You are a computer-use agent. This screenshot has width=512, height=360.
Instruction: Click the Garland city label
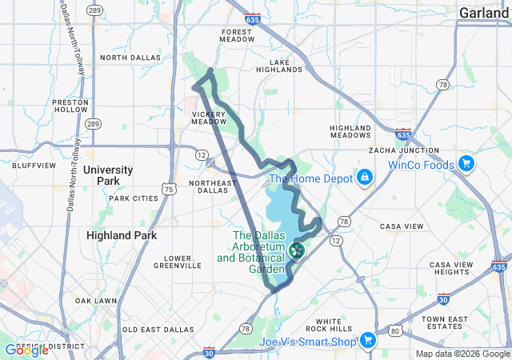[x=484, y=12]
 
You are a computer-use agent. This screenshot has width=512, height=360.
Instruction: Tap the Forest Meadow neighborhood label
[x=237, y=34]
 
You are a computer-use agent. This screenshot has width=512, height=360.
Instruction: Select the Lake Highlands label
[x=286, y=66]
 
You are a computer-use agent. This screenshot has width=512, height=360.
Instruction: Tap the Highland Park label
[x=122, y=235]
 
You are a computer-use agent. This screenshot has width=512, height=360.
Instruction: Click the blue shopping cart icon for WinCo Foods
[x=466, y=166]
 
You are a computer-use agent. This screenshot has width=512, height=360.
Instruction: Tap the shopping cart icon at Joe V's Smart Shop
[x=367, y=341]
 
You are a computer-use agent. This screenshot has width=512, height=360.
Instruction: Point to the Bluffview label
[x=34, y=166]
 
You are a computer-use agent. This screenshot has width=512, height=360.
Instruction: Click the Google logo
[x=26, y=350]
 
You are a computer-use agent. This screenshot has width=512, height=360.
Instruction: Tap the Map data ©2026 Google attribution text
[x=462, y=354]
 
